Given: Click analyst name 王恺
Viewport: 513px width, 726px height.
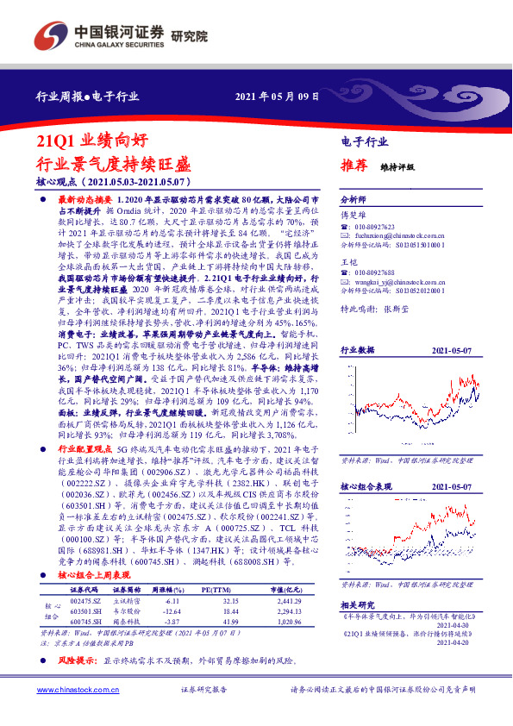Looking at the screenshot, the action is [x=349, y=261].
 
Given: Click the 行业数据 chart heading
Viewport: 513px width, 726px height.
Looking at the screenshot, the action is [x=357, y=351].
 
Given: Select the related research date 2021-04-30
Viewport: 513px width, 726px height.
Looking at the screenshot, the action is [x=478, y=627].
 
